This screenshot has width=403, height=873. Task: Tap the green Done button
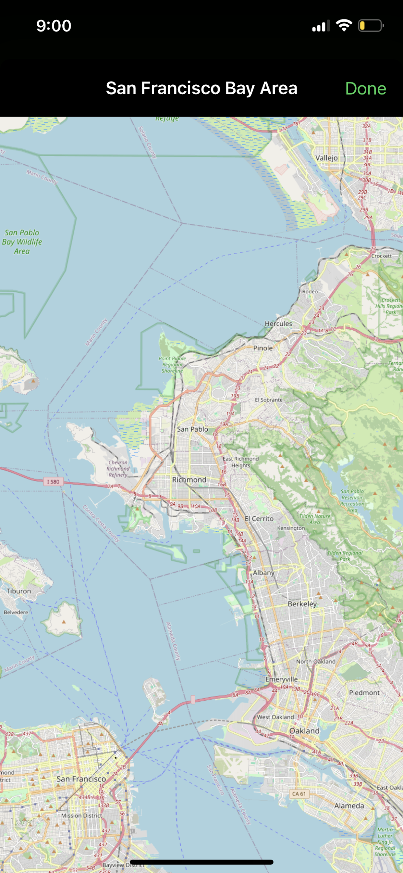click(x=365, y=89)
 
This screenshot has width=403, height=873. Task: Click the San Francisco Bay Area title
click(x=201, y=88)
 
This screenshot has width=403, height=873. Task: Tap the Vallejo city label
click(x=326, y=158)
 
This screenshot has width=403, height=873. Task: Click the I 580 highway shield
click(x=53, y=482)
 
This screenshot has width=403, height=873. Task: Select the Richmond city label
click(x=189, y=480)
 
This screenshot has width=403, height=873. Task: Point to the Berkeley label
click(x=302, y=604)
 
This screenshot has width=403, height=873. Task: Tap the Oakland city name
click(x=304, y=731)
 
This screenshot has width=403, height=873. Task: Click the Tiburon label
click(x=18, y=591)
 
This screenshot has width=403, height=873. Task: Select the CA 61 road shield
click(x=299, y=794)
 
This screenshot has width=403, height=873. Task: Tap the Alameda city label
click(x=349, y=805)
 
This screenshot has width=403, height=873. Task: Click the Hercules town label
click(x=278, y=324)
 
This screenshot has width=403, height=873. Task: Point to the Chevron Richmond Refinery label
click(x=118, y=468)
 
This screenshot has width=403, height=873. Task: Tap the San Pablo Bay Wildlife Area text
click(x=22, y=242)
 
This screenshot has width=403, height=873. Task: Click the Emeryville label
click(x=281, y=679)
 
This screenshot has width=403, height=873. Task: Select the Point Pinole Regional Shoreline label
click(x=172, y=365)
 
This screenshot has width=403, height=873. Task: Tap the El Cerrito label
click(x=259, y=519)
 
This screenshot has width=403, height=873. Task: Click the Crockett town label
click(x=381, y=256)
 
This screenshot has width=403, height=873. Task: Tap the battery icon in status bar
click(x=371, y=26)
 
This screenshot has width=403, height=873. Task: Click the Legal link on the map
click(x=23, y=823)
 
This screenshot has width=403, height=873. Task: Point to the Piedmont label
click(x=364, y=693)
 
